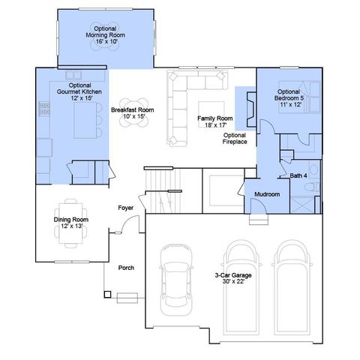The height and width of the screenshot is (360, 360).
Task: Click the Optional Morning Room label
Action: pyautogui.click(x=105, y=35)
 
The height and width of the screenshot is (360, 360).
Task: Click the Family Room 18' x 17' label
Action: pyautogui.click(x=215, y=121)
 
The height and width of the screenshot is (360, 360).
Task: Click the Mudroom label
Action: pyautogui.click(x=266, y=194)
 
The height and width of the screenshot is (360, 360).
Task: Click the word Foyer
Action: pyautogui.click(x=125, y=207)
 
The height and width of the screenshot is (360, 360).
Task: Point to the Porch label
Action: pyautogui.click(x=126, y=268)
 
